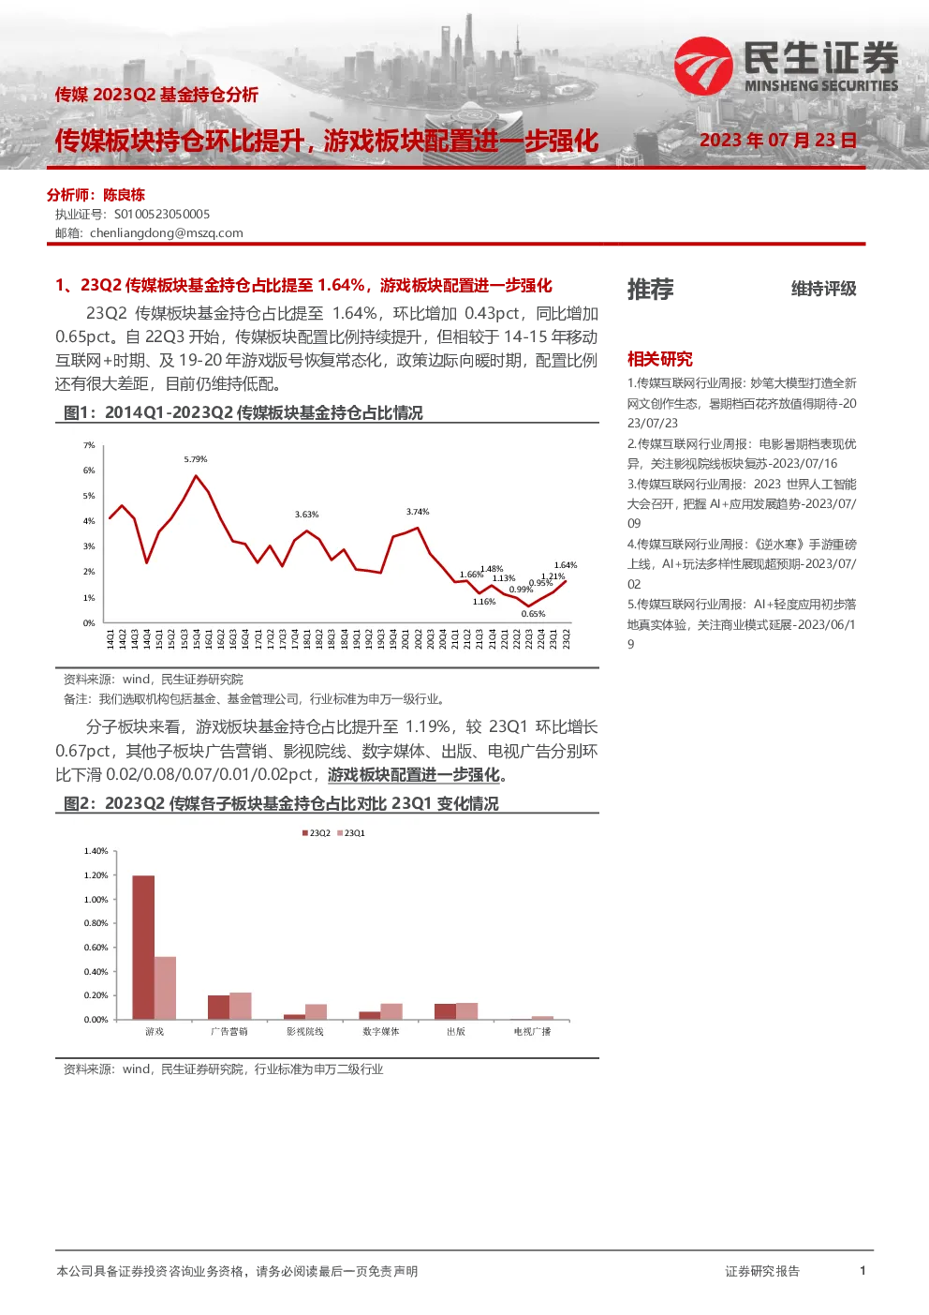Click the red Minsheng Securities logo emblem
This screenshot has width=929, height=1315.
point(703,66)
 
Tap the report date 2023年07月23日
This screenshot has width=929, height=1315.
point(778,141)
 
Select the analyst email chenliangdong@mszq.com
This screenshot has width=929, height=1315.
point(166,233)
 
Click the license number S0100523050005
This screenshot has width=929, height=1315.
point(161,215)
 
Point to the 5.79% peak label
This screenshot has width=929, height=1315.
point(196,459)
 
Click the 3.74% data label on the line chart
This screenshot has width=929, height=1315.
point(418,512)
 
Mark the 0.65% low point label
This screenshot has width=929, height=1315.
point(533,614)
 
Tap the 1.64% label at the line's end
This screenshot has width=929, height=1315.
point(566,565)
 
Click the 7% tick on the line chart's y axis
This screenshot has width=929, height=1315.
point(89,445)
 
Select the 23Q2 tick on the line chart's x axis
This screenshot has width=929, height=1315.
point(567,638)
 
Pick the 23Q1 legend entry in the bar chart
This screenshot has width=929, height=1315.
point(351,833)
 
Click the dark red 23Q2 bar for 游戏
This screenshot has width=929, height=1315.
point(143,948)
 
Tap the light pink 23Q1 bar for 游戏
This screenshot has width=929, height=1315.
point(166,988)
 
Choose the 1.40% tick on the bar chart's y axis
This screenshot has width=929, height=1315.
point(96,851)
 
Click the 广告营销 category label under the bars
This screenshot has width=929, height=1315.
point(229,1031)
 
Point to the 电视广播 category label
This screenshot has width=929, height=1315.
point(533,1031)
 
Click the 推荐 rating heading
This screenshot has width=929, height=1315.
point(651,289)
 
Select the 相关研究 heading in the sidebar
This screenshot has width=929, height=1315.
point(660,359)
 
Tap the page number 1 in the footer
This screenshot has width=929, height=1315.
point(863,1270)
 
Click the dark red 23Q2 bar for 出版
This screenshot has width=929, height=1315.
point(445,1011)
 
